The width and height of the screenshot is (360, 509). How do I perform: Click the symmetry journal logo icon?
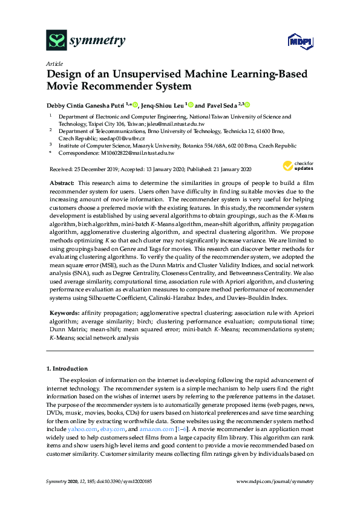coord(57,41)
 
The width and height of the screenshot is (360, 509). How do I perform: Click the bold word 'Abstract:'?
coord(62,182)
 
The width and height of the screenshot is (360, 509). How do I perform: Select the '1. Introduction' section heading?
coord(67,368)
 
